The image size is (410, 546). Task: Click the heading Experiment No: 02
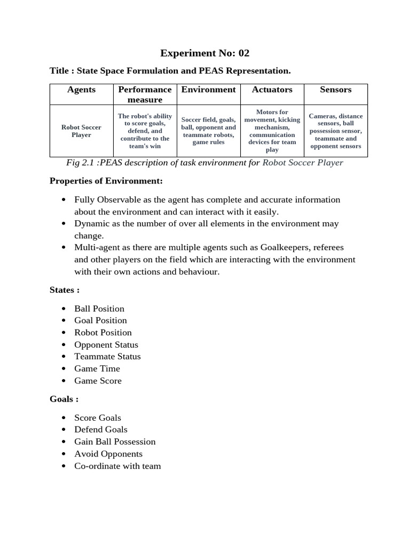(x=205, y=53)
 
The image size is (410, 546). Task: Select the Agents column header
(x=81, y=90)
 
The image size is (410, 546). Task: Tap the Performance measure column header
(x=145, y=94)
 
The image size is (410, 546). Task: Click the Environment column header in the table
(x=208, y=90)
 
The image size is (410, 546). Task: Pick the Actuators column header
(x=272, y=90)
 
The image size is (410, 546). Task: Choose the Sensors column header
(x=335, y=90)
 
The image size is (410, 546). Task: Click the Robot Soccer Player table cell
(x=81, y=131)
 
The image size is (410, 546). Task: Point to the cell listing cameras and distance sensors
(x=335, y=131)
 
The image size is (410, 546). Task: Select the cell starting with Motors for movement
(x=272, y=131)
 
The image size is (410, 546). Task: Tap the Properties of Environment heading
(x=106, y=181)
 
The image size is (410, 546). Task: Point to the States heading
(x=64, y=290)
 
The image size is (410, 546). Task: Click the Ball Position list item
(x=99, y=308)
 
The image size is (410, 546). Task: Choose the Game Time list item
(x=97, y=368)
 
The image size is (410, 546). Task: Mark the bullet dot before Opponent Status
(x=64, y=345)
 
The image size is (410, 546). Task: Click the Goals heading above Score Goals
(x=64, y=399)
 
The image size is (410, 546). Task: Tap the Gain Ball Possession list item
(x=115, y=441)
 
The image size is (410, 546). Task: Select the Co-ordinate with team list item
(x=117, y=465)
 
